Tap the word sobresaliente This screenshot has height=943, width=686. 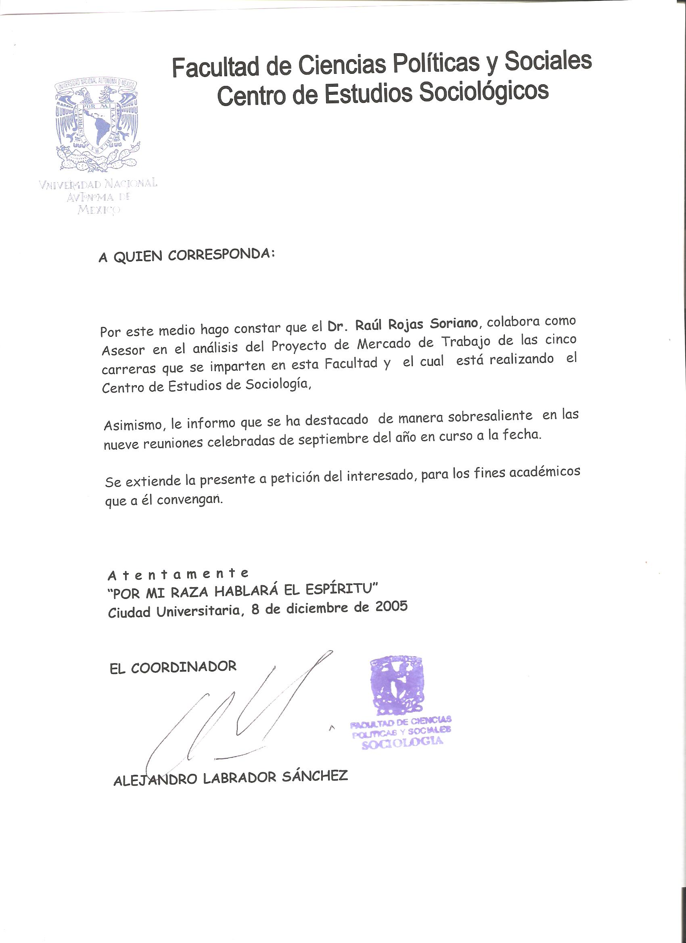tap(490, 416)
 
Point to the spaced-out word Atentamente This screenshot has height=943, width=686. tap(178, 574)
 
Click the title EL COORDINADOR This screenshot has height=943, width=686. tap(173, 668)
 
